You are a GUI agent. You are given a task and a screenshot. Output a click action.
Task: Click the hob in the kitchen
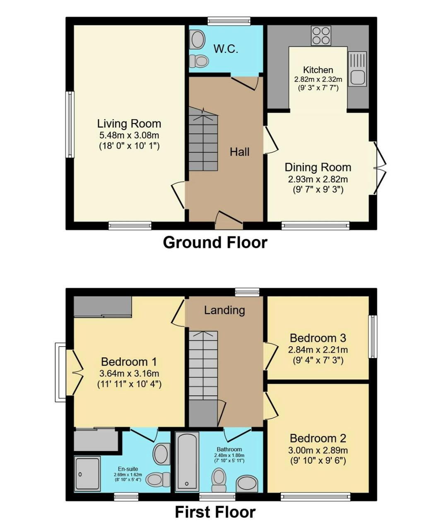[321, 36]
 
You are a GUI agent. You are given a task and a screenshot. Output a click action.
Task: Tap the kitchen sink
[357, 69]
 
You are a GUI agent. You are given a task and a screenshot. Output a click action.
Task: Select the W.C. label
[226, 49]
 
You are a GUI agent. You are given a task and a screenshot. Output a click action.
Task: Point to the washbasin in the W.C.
[197, 39]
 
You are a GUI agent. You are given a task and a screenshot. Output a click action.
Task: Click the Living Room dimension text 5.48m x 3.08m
[129, 136]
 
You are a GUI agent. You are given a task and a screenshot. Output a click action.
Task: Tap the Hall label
[239, 152]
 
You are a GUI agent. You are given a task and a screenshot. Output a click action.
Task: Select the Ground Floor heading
[215, 242]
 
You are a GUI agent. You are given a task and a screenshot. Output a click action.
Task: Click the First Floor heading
[215, 512]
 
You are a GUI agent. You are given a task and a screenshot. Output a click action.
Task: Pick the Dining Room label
[318, 167]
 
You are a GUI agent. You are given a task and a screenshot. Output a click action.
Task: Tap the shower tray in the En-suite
[87, 473]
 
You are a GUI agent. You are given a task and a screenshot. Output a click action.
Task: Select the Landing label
[224, 310]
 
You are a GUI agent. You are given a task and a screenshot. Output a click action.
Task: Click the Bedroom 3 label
[318, 338]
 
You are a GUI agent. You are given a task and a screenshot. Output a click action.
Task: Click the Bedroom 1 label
[129, 362]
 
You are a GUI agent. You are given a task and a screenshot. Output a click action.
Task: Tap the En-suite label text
[128, 469]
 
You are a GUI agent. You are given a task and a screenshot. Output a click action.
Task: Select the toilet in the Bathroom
[219, 480]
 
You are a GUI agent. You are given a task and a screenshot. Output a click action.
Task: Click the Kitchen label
[318, 70]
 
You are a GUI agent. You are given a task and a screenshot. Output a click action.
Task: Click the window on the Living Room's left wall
[70, 124]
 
